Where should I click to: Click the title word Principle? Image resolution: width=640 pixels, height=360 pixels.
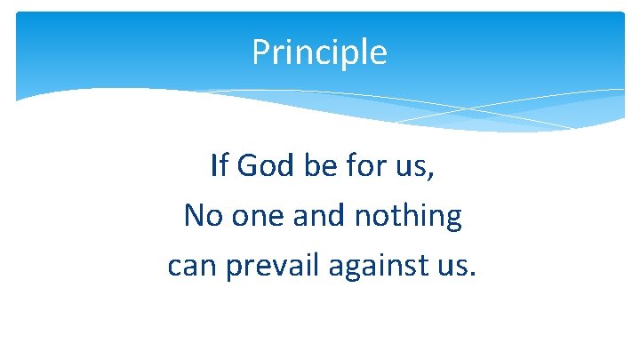(319, 53)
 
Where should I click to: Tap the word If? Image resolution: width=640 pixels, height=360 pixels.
(218, 165)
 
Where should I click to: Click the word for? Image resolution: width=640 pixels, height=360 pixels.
(362, 165)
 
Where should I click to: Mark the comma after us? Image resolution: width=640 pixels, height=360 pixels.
(431, 175)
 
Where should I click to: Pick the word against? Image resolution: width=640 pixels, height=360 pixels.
(380, 268)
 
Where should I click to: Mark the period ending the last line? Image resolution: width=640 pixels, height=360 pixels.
(472, 275)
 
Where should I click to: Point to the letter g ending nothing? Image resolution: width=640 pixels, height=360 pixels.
(452, 220)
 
